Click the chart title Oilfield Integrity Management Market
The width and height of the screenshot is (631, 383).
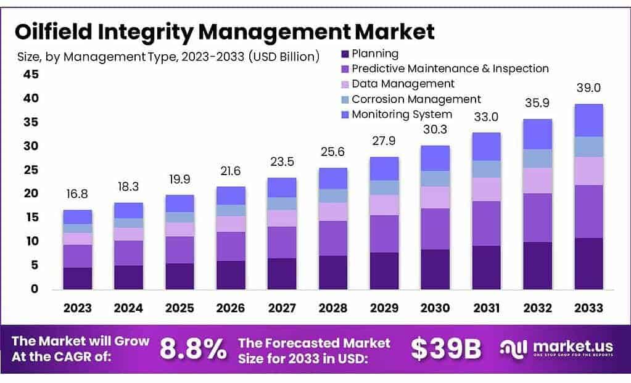(225, 31)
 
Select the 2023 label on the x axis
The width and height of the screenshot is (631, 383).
(77, 307)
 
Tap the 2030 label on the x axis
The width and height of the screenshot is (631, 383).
(434, 307)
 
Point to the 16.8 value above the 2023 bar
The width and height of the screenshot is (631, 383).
(77, 194)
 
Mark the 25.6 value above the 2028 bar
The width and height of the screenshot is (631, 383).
(332, 152)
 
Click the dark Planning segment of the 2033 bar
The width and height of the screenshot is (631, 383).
(588, 263)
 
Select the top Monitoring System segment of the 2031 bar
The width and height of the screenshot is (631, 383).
(486, 146)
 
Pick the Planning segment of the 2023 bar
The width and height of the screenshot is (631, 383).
(77, 278)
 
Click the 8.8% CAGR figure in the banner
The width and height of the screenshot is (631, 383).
(194, 349)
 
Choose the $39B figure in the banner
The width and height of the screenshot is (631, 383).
(446, 349)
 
